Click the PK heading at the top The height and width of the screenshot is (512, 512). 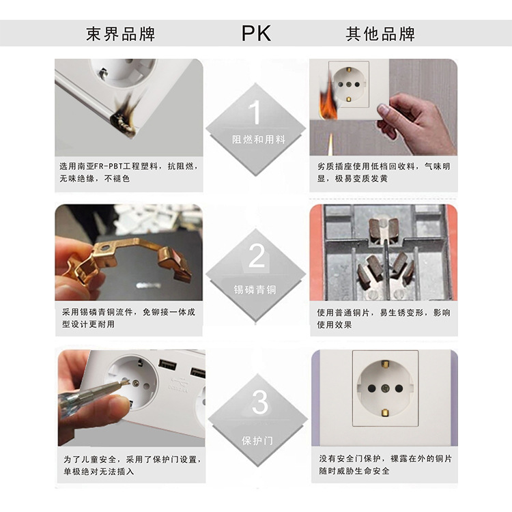[x=256, y=33]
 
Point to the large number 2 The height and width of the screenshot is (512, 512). [x=256, y=256]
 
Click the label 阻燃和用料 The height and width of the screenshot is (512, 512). [x=259, y=139]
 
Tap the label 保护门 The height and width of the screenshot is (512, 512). [x=257, y=440]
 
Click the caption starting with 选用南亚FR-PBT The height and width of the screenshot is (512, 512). [x=128, y=172]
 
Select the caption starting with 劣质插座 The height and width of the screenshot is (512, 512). [x=384, y=172]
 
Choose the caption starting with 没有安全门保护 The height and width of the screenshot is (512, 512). [x=384, y=464]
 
